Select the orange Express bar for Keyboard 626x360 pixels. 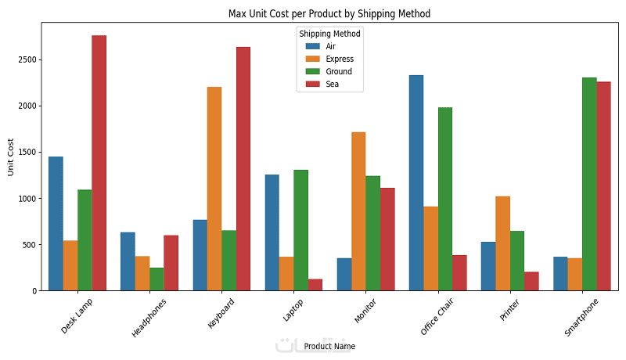(214, 189)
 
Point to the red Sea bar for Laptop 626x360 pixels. (315, 285)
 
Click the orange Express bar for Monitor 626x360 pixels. (358, 211)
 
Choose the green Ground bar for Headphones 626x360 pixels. (156, 279)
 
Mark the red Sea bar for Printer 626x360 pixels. (531, 282)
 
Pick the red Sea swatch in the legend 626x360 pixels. (312, 84)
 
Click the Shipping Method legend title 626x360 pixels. (329, 34)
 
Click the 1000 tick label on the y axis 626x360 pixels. (29, 198)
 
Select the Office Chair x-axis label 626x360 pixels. (436, 315)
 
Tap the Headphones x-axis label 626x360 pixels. (149, 315)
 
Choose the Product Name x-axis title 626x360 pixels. (329, 346)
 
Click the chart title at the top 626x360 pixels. (329, 13)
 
